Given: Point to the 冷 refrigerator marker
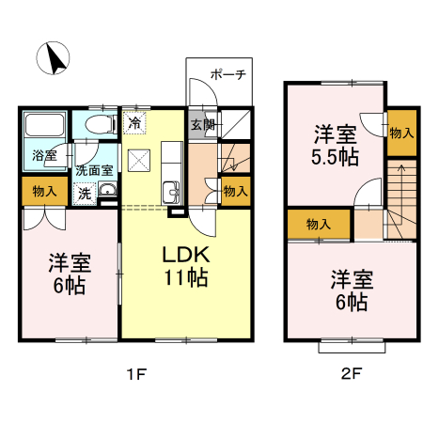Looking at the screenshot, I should [x=135, y=122].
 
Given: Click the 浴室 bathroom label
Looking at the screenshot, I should [x=43, y=153].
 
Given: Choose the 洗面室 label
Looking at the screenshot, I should [x=94, y=171].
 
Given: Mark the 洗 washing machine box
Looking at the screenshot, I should [x=85, y=194].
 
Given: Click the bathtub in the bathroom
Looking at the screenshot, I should [x=43, y=126].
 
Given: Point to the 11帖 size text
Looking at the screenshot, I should [x=183, y=279].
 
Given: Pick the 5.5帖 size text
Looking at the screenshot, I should [x=335, y=157].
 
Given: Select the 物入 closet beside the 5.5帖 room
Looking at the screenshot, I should [x=401, y=134].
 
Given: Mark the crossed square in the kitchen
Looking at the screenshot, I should [x=139, y=161].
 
